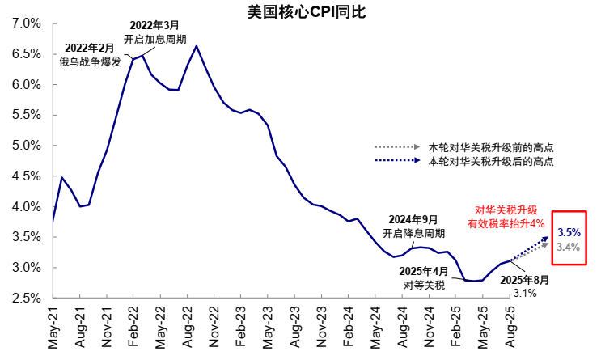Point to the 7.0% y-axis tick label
[x=27, y=23]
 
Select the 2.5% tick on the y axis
[x=27, y=299]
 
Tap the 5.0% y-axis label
[x=27, y=146]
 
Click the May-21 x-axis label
[x=53, y=328]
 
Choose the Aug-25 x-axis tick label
[x=509, y=328]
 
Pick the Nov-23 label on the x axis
[x=321, y=328]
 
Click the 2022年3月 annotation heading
[x=153, y=25]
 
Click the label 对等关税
[x=424, y=285]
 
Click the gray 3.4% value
[x=569, y=247]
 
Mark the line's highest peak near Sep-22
[x=197, y=46]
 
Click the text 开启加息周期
[x=154, y=39]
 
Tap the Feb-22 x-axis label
[x=133, y=328]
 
